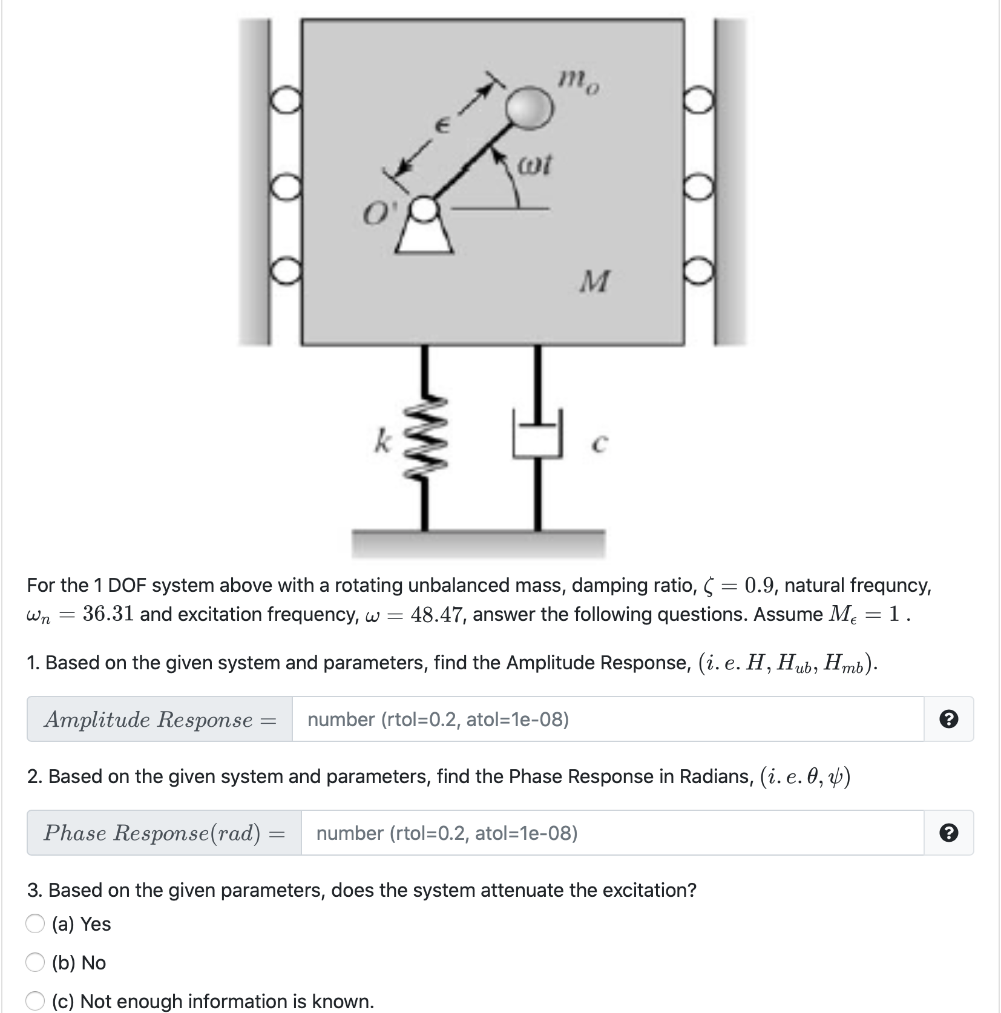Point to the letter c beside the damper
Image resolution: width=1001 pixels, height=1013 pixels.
pos(598,445)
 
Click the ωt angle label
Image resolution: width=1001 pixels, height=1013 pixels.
pos(535,165)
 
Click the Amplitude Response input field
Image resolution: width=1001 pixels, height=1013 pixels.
pos(607,720)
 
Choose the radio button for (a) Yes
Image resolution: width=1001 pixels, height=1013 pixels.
pos(35,924)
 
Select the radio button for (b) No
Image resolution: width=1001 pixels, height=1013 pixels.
pos(35,963)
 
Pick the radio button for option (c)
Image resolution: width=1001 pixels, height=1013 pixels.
pos(35,1001)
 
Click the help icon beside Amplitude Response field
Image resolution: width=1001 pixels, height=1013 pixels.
pos(949,720)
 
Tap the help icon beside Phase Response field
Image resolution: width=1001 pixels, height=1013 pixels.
pos(949,833)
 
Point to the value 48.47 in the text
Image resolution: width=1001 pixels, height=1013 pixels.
pos(438,614)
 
